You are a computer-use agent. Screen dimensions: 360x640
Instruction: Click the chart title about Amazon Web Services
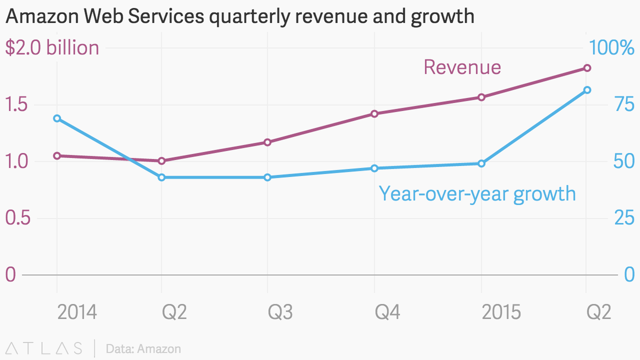click(x=239, y=17)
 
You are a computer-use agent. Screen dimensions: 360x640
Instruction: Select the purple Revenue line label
click(x=462, y=68)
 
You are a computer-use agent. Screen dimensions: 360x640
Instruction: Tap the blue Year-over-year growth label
click(x=477, y=193)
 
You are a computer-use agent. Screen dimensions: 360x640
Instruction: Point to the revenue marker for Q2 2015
click(x=587, y=68)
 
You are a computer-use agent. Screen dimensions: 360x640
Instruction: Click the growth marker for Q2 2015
click(x=587, y=90)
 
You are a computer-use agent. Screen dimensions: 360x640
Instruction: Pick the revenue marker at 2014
click(x=57, y=156)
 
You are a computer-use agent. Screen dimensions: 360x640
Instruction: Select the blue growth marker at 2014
click(x=57, y=118)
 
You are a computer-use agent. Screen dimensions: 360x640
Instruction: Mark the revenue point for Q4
click(x=374, y=114)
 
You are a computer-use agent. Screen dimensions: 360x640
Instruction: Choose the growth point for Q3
click(x=268, y=177)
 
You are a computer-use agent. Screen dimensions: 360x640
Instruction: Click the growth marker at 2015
click(x=481, y=164)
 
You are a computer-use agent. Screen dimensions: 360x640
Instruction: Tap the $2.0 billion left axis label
click(x=52, y=48)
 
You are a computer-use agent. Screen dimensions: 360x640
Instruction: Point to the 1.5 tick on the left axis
click(x=17, y=105)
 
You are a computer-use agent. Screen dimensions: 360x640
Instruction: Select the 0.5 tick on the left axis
click(x=17, y=218)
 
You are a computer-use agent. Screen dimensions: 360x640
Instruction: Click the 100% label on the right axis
click(x=611, y=48)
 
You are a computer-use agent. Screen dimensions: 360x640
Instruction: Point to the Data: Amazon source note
click(x=143, y=349)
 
